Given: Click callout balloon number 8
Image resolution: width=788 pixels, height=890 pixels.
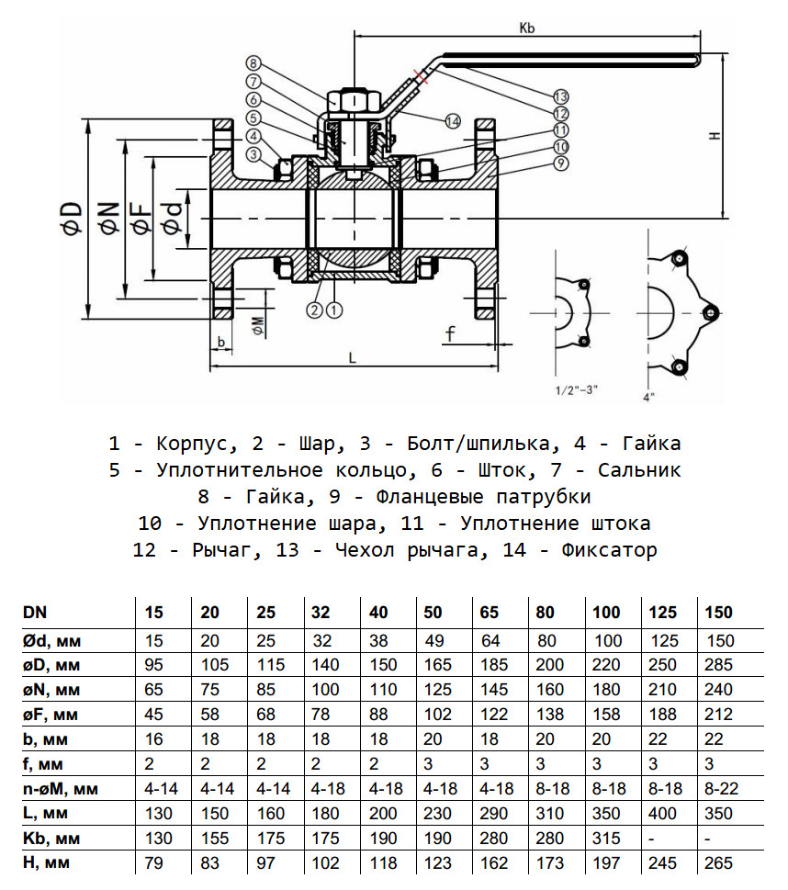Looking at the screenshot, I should [x=252, y=62].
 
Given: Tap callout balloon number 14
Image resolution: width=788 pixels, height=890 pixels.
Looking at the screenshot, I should [x=451, y=120].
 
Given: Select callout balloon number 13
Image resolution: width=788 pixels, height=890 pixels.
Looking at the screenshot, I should [x=561, y=96].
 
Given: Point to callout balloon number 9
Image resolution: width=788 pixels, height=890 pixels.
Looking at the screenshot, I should [x=561, y=163].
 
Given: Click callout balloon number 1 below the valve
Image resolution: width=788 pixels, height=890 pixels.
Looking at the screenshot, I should [x=333, y=310].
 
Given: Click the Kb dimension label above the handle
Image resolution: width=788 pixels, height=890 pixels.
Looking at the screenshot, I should [x=526, y=28].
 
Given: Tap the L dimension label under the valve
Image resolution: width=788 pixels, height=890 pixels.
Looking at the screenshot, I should [x=352, y=359].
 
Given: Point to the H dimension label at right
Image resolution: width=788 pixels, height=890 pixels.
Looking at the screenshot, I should [x=714, y=135].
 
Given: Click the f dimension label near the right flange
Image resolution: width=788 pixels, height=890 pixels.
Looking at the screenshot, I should [x=451, y=333].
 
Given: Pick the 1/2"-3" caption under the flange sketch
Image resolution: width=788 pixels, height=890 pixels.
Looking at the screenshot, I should [x=577, y=389].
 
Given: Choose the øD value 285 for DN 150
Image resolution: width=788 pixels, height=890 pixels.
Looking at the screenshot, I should [x=719, y=663].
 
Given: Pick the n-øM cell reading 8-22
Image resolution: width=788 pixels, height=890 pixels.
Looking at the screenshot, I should [x=719, y=788].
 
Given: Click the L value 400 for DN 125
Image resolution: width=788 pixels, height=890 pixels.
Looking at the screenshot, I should [x=663, y=814].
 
